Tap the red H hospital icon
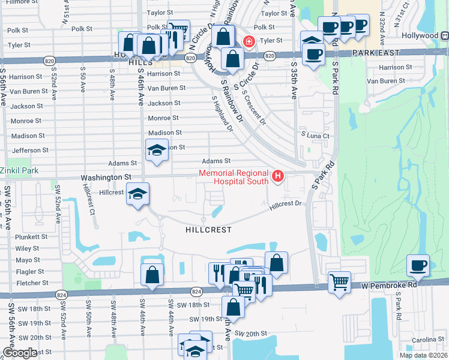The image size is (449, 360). pos(278,176)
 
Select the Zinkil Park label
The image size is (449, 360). pos(19,171)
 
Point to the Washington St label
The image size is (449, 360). pos(106,178)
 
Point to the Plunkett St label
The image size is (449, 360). pos(31,237)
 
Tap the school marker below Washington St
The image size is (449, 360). pos(137,194)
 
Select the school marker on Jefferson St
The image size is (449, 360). pos(156,150)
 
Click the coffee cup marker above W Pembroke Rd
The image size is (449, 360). pos(418,265)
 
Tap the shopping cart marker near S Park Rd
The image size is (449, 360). pos(340,281)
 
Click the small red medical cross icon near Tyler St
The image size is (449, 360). pos(247,41)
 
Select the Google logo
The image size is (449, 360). pos(20,353)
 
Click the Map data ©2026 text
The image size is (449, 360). pos(423,355)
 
